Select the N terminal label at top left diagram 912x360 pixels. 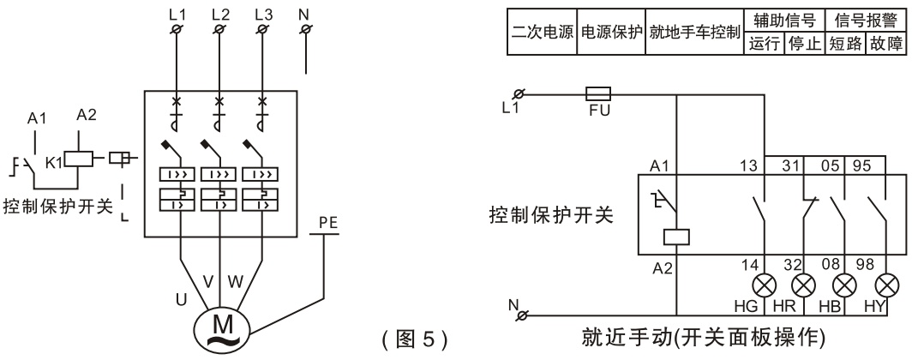pyautogui.click(x=303, y=15)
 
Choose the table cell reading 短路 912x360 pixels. pyautogui.click(x=845, y=42)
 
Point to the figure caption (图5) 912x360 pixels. pyautogui.click(x=416, y=331)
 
